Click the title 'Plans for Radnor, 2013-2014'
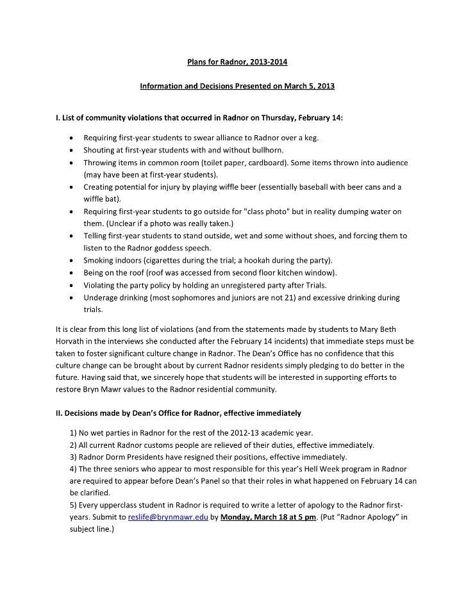point(237,62)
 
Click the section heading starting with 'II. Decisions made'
point(178,413)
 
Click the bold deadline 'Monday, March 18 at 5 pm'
point(267,518)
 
